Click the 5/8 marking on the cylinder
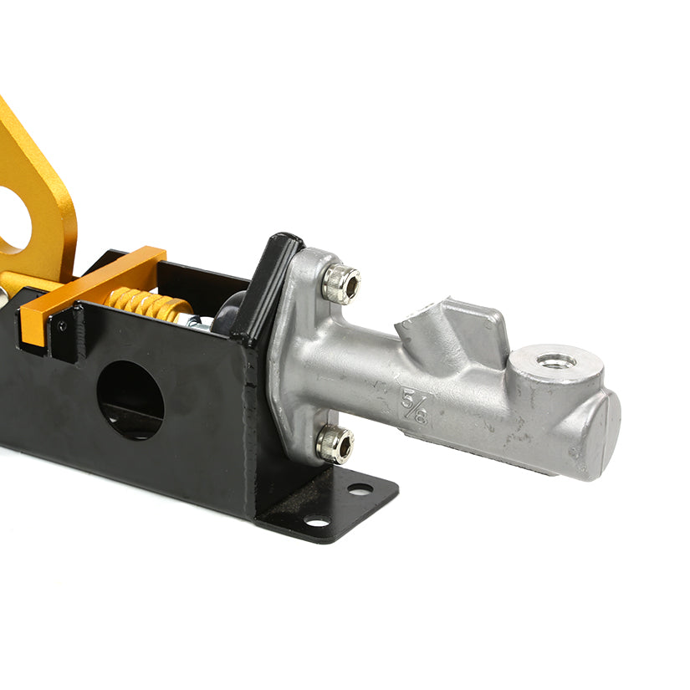[414, 405]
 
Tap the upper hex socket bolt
[341, 284]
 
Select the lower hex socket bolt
[334, 443]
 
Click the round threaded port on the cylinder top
[556, 361]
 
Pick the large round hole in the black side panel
[130, 400]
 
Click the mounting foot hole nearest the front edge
[318, 523]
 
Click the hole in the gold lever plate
[12, 219]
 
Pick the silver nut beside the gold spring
[194, 320]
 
